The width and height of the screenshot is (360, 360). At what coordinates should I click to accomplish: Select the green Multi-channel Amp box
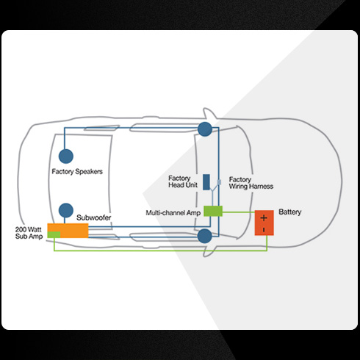coord(213,211)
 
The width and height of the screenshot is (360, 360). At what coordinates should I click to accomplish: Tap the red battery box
coord(264,223)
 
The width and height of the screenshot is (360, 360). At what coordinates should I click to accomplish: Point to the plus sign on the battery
coord(264,217)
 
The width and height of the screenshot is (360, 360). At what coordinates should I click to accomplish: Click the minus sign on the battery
coord(264,230)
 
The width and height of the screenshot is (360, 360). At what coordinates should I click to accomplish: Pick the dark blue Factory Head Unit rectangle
coord(206,182)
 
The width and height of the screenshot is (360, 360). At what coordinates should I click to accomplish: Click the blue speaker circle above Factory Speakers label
coord(66,156)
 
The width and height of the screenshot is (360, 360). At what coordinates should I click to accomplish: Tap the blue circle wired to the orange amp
coord(66,210)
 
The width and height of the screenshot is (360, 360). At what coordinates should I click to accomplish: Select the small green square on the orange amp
coord(54,234)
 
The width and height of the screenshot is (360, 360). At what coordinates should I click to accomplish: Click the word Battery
coord(290,212)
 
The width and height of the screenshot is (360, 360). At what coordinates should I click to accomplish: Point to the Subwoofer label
coord(94,217)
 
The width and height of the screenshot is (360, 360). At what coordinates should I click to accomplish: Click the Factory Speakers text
coord(77,171)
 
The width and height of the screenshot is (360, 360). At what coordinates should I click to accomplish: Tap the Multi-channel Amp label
coord(173,212)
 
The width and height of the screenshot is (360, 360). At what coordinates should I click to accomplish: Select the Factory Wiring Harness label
coord(251,183)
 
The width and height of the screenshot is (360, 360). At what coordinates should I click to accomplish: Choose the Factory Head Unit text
coord(183,181)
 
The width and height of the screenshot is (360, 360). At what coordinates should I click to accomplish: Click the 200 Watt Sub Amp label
coord(29,233)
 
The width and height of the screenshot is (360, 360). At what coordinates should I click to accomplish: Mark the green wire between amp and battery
coord(239,212)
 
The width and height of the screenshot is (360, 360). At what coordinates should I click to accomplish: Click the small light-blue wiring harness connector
coord(219,182)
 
